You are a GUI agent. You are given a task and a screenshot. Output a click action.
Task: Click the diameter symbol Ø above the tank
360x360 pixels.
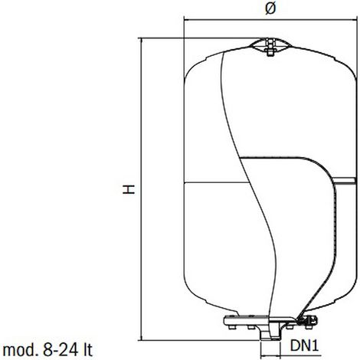(270, 9)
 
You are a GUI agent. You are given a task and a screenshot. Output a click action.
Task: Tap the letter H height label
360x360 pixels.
(129, 189)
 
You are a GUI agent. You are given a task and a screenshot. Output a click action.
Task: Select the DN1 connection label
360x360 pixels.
(305, 345)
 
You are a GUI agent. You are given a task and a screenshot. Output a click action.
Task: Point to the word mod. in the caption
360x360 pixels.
(20, 350)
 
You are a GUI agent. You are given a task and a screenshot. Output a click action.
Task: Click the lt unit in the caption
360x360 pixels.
(87, 350)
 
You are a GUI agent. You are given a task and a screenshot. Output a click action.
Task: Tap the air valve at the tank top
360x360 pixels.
(270, 47)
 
